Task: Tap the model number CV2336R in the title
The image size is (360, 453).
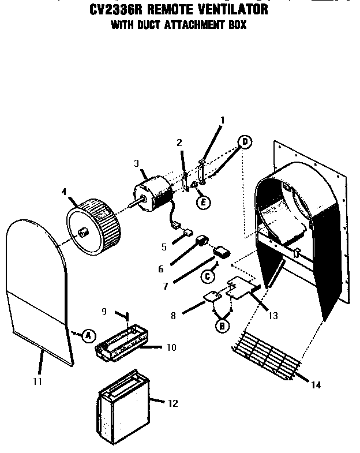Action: coord(112,10)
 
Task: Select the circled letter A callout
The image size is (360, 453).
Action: coord(88,335)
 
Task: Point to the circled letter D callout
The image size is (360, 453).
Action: coord(245,141)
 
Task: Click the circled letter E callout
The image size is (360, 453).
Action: coord(202,201)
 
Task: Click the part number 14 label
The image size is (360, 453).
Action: coord(315,385)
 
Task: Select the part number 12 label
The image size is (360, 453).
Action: coord(172,403)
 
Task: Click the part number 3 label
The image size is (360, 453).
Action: coord(137,164)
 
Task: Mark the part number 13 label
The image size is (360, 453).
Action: coord(273,316)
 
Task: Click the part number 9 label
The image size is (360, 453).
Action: coord(104,311)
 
